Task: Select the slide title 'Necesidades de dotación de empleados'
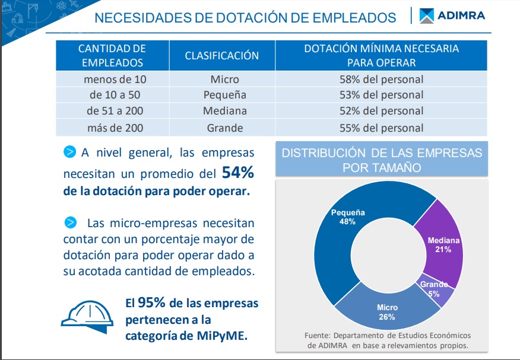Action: (x=245, y=18)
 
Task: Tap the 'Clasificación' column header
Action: (x=221, y=56)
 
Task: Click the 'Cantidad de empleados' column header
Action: (x=112, y=56)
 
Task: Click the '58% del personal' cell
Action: (x=381, y=79)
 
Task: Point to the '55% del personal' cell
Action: (x=381, y=128)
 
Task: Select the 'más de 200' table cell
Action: (x=115, y=128)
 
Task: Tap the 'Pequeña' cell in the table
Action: (x=224, y=95)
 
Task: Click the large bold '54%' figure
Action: (x=237, y=173)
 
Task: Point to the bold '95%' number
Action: (x=152, y=303)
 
